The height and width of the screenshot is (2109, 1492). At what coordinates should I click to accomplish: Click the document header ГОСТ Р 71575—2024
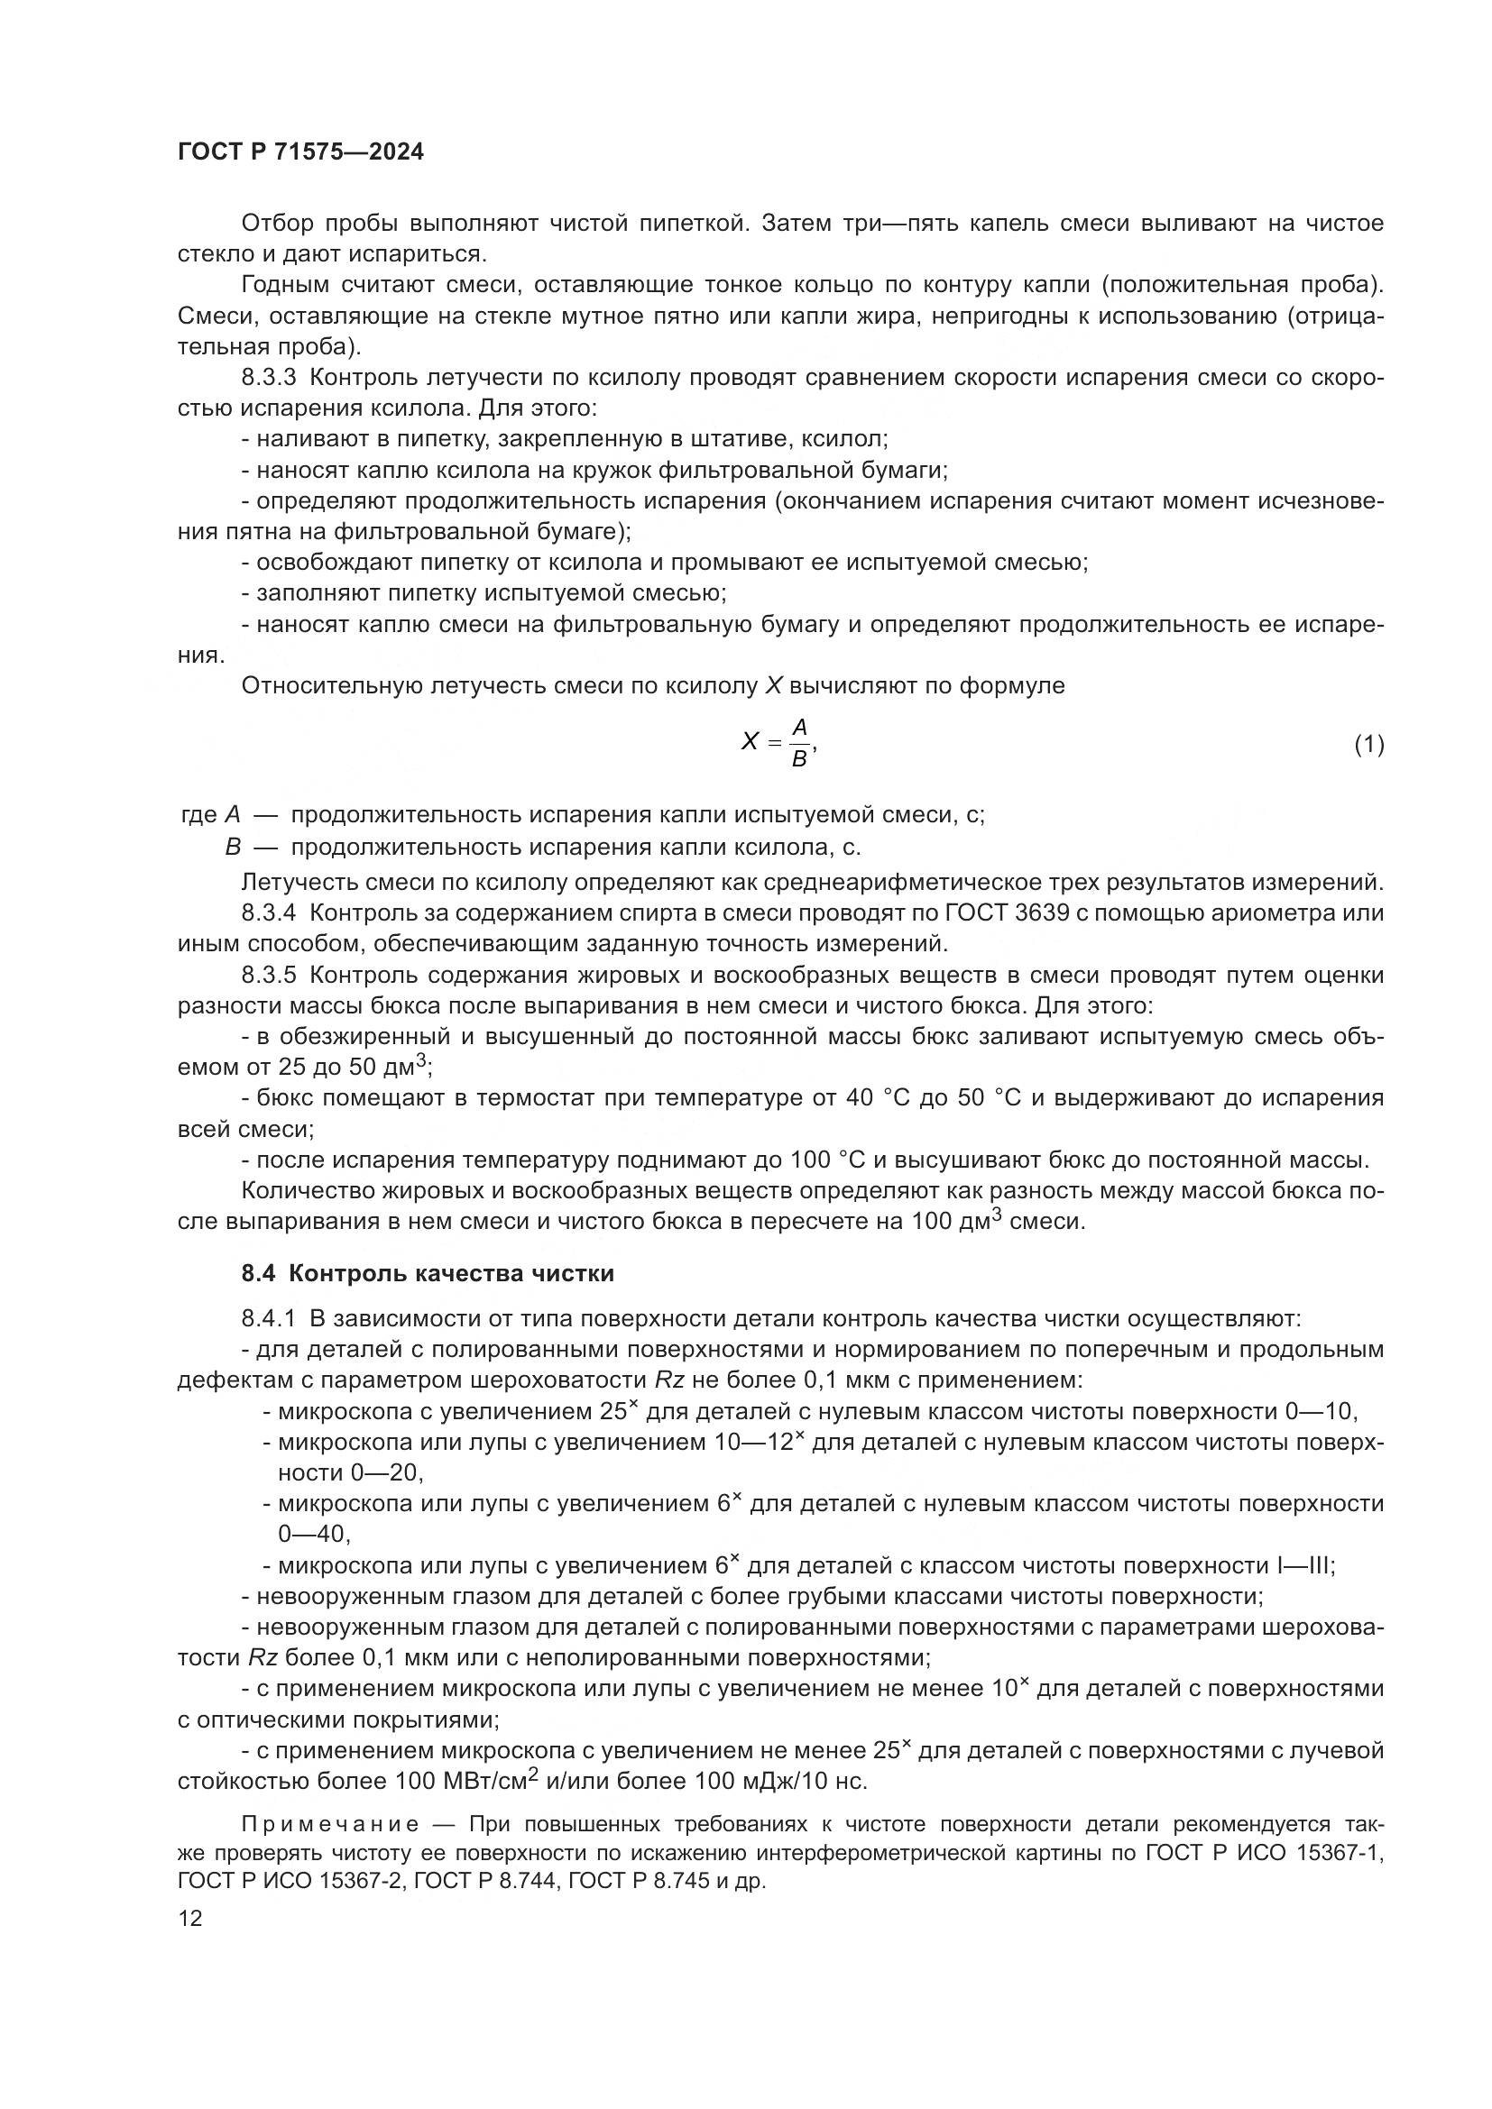(300, 152)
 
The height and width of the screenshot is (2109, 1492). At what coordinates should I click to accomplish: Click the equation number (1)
(1368, 744)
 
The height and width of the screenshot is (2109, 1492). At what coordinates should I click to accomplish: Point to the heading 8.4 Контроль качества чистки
(428, 1273)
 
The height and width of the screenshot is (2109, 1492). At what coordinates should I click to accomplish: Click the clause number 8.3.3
(269, 378)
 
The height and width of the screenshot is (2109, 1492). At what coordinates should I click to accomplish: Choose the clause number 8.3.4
(269, 913)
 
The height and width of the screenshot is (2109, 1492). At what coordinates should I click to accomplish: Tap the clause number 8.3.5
(269, 975)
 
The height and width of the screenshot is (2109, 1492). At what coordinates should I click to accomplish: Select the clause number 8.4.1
(268, 1318)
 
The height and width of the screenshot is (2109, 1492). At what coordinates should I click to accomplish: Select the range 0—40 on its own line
(312, 1534)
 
